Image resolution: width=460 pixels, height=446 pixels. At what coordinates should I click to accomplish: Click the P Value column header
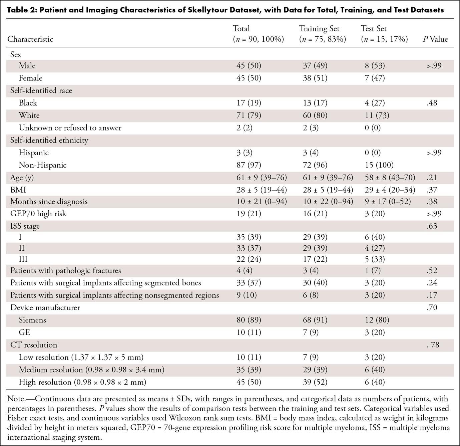[435, 39]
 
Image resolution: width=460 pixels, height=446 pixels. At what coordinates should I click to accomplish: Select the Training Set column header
[323, 34]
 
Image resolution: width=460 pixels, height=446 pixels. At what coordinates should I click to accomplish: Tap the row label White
[29, 115]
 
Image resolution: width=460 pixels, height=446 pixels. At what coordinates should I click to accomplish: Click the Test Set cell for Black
[375, 103]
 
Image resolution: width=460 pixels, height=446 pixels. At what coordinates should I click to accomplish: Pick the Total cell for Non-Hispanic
[249, 165]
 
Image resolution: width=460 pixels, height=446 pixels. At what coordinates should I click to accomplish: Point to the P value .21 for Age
[432, 178]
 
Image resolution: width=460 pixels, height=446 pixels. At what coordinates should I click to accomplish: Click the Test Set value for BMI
[390, 190]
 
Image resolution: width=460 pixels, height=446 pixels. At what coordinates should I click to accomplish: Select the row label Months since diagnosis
[49, 201]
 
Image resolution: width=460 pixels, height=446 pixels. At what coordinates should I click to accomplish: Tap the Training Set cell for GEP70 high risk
[315, 214]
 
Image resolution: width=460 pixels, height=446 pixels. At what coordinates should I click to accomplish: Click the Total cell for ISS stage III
[249, 259]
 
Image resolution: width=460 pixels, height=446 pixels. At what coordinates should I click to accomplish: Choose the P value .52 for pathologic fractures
[432, 270]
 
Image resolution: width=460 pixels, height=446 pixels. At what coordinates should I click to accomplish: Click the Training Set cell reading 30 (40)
[315, 283]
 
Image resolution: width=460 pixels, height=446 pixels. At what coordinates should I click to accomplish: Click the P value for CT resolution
[433, 345]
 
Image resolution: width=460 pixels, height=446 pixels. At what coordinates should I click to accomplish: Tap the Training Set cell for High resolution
[315, 382]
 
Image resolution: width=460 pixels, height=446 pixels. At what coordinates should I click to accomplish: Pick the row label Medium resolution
[51, 370]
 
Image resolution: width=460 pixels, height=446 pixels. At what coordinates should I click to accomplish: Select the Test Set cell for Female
[375, 78]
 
